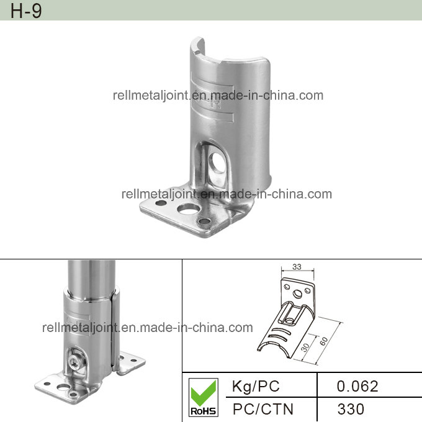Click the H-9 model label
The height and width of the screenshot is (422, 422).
tap(26, 11)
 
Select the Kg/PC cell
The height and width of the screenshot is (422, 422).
tap(255, 386)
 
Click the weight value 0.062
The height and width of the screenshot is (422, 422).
tap(357, 386)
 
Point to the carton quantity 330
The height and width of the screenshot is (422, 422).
tap(351, 408)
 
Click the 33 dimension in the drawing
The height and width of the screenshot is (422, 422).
tap(296, 267)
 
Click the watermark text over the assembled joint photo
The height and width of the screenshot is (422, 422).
tap(147, 328)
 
